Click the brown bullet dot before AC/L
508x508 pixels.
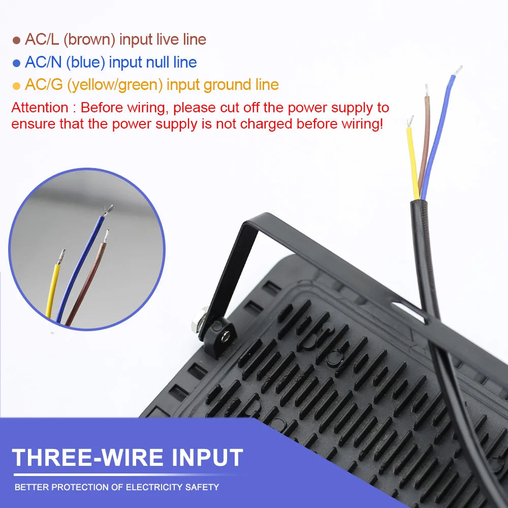point(16,41)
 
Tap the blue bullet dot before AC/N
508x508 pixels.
point(16,63)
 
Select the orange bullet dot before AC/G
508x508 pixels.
point(16,86)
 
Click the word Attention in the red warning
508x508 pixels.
point(40,108)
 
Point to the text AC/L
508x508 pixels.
point(42,40)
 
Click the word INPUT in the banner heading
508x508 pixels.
point(207,458)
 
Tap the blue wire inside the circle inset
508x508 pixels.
point(80,269)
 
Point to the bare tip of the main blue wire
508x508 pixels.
point(458,71)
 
